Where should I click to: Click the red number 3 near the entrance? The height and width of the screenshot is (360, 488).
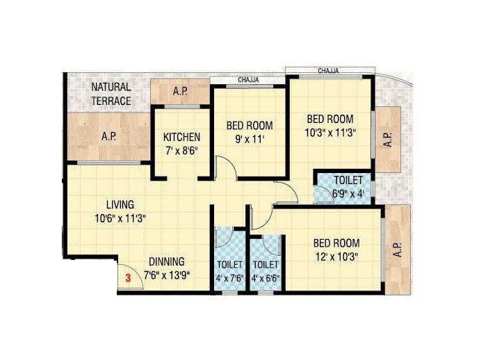tap(127, 278)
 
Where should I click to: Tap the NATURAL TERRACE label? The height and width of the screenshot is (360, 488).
tap(111, 94)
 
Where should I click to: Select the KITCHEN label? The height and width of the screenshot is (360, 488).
tap(181, 137)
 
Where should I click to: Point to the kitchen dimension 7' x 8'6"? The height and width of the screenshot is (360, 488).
tap(181, 150)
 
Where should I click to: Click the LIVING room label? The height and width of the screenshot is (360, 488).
tap(120, 205)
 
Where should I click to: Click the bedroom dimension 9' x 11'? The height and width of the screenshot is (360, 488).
tap(249, 139)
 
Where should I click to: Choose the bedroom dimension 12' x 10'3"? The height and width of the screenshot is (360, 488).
tap(336, 256)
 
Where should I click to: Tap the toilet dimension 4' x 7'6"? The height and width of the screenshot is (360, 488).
tap(229, 278)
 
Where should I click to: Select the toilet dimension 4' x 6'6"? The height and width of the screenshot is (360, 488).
tap(266, 278)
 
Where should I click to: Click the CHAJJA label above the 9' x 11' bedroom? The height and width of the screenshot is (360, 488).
tap(248, 80)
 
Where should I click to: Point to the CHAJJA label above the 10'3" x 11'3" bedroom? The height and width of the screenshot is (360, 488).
tap(329, 71)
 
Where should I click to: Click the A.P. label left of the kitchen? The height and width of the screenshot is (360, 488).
tap(108, 137)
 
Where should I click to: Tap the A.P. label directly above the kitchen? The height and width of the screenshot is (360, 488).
tap(181, 91)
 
